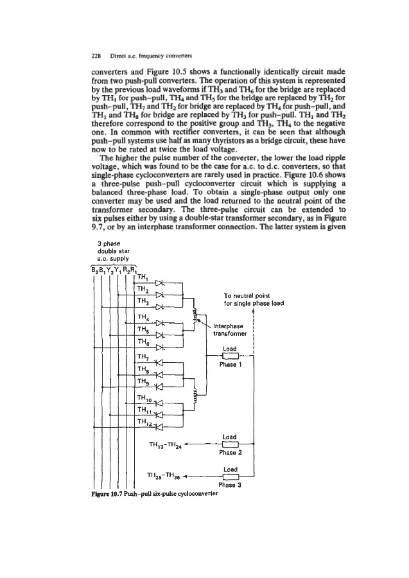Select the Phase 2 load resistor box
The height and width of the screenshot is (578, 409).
(x=229, y=443)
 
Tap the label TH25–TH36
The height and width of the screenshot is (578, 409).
(x=164, y=476)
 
